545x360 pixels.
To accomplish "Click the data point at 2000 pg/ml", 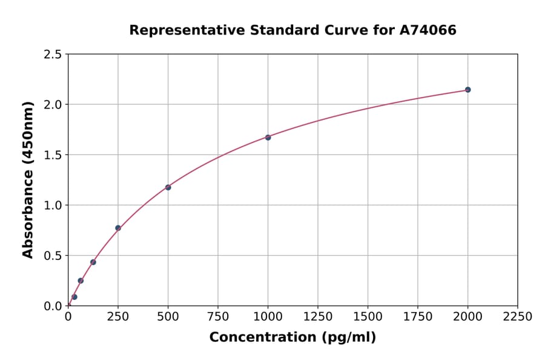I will [x=467, y=90].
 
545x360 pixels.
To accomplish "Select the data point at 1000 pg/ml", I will [x=268, y=138].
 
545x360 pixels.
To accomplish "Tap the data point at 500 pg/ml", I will [x=168, y=187].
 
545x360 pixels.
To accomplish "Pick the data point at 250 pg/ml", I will [x=118, y=228].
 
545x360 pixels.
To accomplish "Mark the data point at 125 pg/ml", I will [x=93, y=262].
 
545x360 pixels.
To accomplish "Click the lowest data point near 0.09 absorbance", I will [x=74, y=297].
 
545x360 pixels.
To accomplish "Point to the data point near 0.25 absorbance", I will [x=81, y=281].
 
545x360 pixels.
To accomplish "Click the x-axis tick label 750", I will [x=218, y=317].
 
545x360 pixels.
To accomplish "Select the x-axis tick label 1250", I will [x=318, y=317].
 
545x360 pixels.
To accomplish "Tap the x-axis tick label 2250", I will [x=517, y=317].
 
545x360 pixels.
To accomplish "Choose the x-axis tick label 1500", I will [x=368, y=317].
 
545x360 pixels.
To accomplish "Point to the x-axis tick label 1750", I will [x=417, y=317].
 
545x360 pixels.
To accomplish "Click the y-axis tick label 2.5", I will [x=53, y=55].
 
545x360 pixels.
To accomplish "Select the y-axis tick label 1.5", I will [x=53, y=155].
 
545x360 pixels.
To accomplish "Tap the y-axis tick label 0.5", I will [x=53, y=256].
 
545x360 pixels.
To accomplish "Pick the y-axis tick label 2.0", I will [x=53, y=105].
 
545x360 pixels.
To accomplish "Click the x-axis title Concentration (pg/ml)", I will [x=292, y=338].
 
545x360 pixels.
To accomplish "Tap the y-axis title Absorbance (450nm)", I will [x=28, y=180].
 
